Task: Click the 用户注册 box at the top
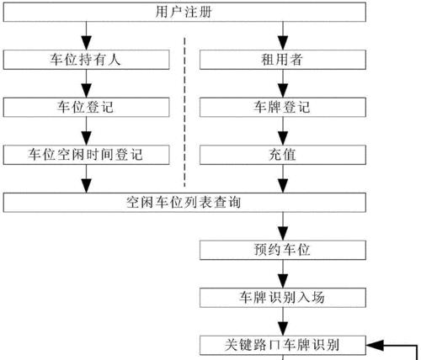[184, 12]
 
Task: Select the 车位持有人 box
[86, 60]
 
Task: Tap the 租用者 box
[283, 60]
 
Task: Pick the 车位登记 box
[86, 108]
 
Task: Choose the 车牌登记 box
[283, 108]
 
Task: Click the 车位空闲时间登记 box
[86, 155]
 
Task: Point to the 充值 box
[283, 155]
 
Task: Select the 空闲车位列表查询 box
[184, 203]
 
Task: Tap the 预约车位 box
[283, 250]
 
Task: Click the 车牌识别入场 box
[283, 298]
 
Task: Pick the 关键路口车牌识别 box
[283, 345]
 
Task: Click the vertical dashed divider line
[184, 112]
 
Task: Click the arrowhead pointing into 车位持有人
[86, 43]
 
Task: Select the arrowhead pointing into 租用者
[283, 43]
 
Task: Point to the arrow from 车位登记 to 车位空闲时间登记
[86, 131]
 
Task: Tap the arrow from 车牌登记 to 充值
[283, 131]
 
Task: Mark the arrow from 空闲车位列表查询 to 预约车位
[283, 226]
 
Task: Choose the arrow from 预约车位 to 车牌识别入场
[283, 274]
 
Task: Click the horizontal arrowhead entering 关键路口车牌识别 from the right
[373, 345]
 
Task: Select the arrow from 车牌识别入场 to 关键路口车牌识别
[283, 321]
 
